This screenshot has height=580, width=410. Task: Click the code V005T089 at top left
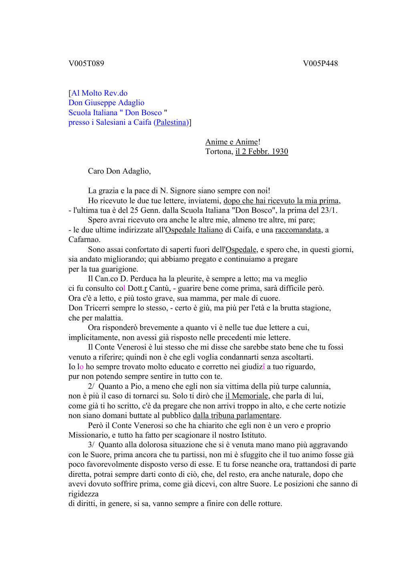(86, 64)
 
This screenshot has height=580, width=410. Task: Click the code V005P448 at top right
(320, 64)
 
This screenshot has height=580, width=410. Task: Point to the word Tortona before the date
(218, 152)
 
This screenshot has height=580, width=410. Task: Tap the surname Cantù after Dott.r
(161, 288)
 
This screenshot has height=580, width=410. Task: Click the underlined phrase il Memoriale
(247, 396)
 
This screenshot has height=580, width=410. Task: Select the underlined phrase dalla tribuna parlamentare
(236, 416)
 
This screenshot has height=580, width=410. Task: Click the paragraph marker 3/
(92, 445)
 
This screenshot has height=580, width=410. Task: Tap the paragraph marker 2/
(92, 386)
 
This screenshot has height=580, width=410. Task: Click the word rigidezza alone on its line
(84, 494)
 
